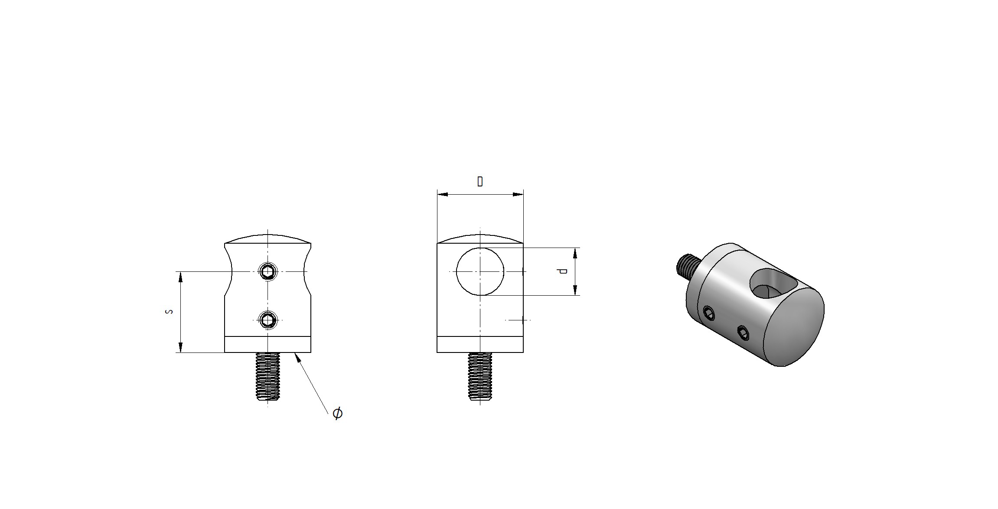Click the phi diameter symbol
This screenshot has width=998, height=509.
click(337, 413)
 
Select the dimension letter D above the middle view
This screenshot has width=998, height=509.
click(480, 181)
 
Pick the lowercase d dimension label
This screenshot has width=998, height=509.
click(563, 271)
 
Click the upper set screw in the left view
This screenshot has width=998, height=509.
click(268, 271)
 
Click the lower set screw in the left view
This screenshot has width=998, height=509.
click(268, 320)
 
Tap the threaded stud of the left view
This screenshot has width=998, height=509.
click(268, 376)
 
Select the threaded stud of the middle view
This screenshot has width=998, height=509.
click(480, 376)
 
